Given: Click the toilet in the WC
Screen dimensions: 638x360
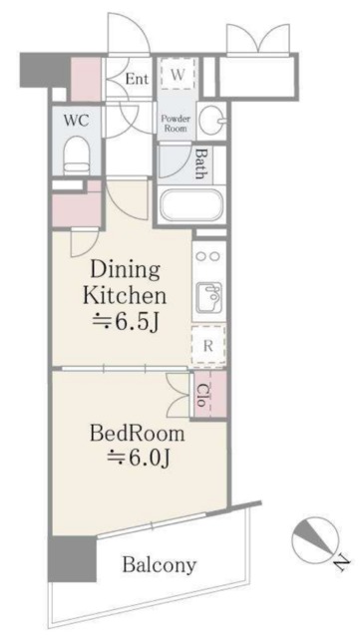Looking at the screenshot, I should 76,154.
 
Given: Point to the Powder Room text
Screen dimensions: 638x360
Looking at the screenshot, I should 176,122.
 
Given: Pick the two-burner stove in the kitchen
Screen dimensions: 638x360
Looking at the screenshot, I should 209,256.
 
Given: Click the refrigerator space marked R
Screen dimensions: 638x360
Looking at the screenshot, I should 208,347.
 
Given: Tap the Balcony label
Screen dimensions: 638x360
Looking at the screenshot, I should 159,564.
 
